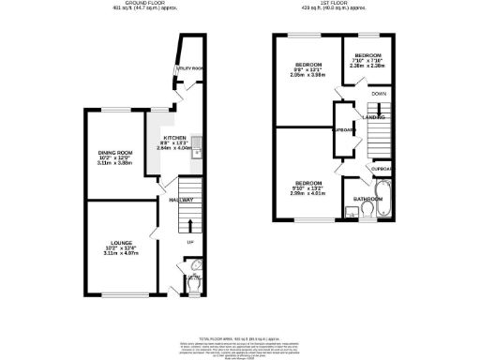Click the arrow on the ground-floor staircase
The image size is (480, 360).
tap(190, 224)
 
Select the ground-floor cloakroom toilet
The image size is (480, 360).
tap(193, 277)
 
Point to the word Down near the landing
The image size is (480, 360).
tap(380, 95)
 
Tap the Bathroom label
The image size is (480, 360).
tap(367, 199)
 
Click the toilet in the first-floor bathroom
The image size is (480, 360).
tap(369, 212)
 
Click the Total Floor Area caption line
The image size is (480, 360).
tap(239, 337)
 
